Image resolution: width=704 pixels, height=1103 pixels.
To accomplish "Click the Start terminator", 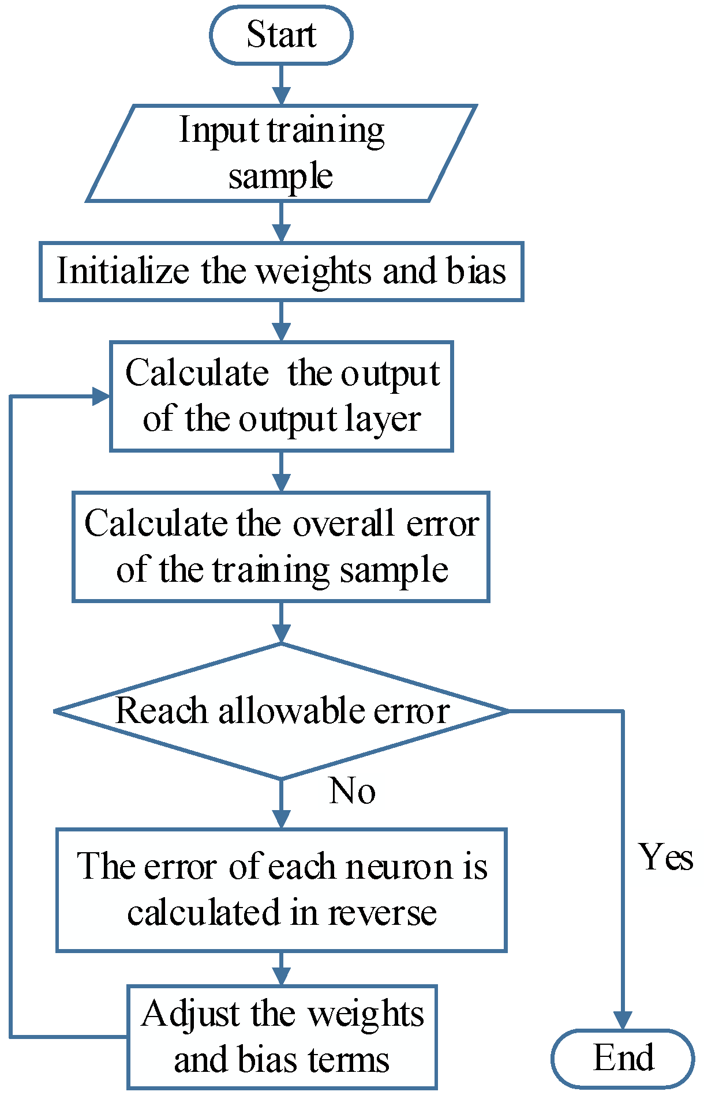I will click(281, 35).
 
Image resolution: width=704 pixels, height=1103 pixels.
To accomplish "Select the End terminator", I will click(623, 1057).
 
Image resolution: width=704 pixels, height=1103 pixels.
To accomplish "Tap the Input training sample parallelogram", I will click(281, 153).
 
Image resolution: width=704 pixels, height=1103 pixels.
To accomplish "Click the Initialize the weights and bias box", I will click(281, 271).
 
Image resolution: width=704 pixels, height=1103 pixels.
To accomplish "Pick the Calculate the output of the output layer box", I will click(281, 396).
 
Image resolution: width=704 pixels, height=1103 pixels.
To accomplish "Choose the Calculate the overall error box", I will click(281, 546).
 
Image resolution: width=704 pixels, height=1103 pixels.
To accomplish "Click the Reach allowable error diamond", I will click(281, 710).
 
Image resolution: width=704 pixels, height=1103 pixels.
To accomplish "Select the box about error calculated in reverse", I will click(281, 890).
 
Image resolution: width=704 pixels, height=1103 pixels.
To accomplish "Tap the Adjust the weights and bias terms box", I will click(281, 1036).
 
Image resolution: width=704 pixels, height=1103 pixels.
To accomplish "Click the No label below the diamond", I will click(352, 790).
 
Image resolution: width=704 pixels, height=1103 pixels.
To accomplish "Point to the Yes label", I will click(665, 857).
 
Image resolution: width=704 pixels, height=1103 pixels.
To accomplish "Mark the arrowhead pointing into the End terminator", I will click(623, 1019).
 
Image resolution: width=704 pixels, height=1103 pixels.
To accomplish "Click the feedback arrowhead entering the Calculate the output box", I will click(101, 396).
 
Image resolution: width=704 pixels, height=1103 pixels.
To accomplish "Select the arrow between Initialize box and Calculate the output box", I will click(281, 321).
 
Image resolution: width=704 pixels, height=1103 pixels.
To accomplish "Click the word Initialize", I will click(122, 271).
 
